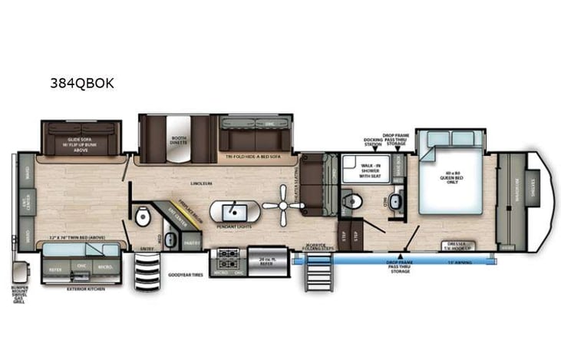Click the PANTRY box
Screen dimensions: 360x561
(191, 243)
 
